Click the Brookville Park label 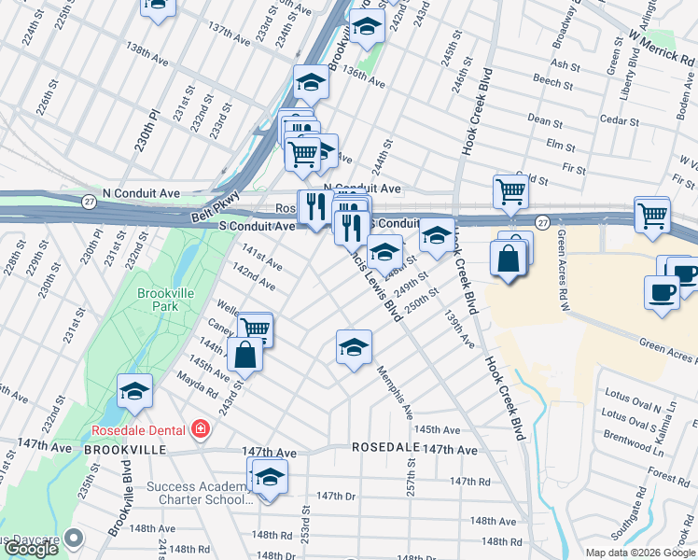[164, 300]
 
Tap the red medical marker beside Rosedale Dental [199, 430]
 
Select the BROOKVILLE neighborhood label [125, 449]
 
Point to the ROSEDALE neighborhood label [384, 448]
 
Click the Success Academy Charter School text [197, 493]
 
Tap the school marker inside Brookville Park [134, 392]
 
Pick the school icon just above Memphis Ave [354, 348]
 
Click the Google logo [31, 548]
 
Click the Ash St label [565, 64]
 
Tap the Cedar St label [619, 120]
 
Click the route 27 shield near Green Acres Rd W [542, 220]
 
